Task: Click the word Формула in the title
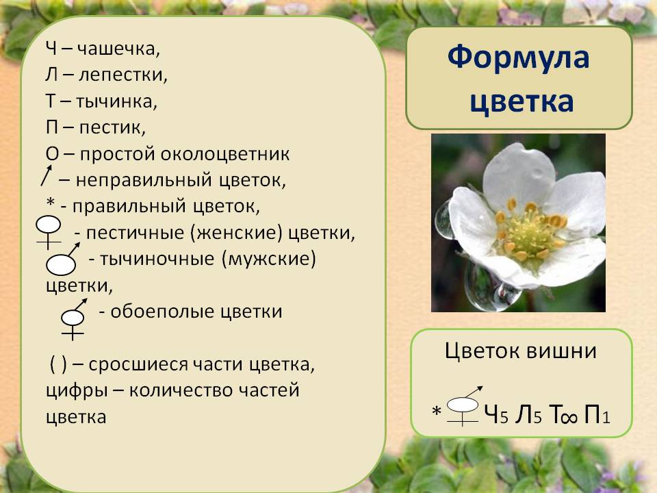(518, 58)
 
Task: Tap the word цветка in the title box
(521, 102)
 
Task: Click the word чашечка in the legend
(118, 49)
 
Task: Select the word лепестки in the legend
(123, 75)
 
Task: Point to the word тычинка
(116, 101)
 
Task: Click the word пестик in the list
(112, 127)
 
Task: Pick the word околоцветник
(225, 154)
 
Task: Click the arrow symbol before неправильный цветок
(46, 175)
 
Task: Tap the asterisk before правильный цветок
(51, 203)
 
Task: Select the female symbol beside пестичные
(49, 232)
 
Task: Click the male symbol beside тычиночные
(62, 259)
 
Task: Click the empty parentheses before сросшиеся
(58, 364)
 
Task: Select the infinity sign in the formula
(568, 418)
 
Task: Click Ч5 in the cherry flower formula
(496, 414)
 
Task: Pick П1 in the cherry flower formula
(597, 415)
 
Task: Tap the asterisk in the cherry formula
(437, 410)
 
